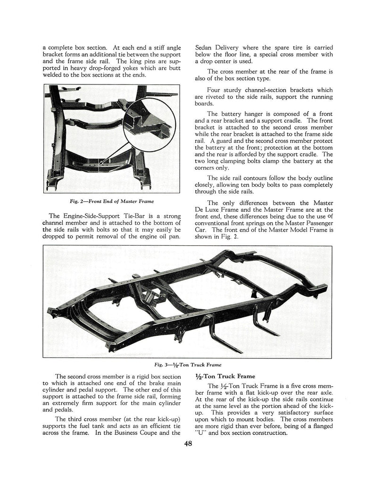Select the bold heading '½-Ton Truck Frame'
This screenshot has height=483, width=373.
point(224,376)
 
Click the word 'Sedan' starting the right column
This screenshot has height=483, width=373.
point(206,48)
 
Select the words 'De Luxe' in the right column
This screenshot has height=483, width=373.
point(207,210)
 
